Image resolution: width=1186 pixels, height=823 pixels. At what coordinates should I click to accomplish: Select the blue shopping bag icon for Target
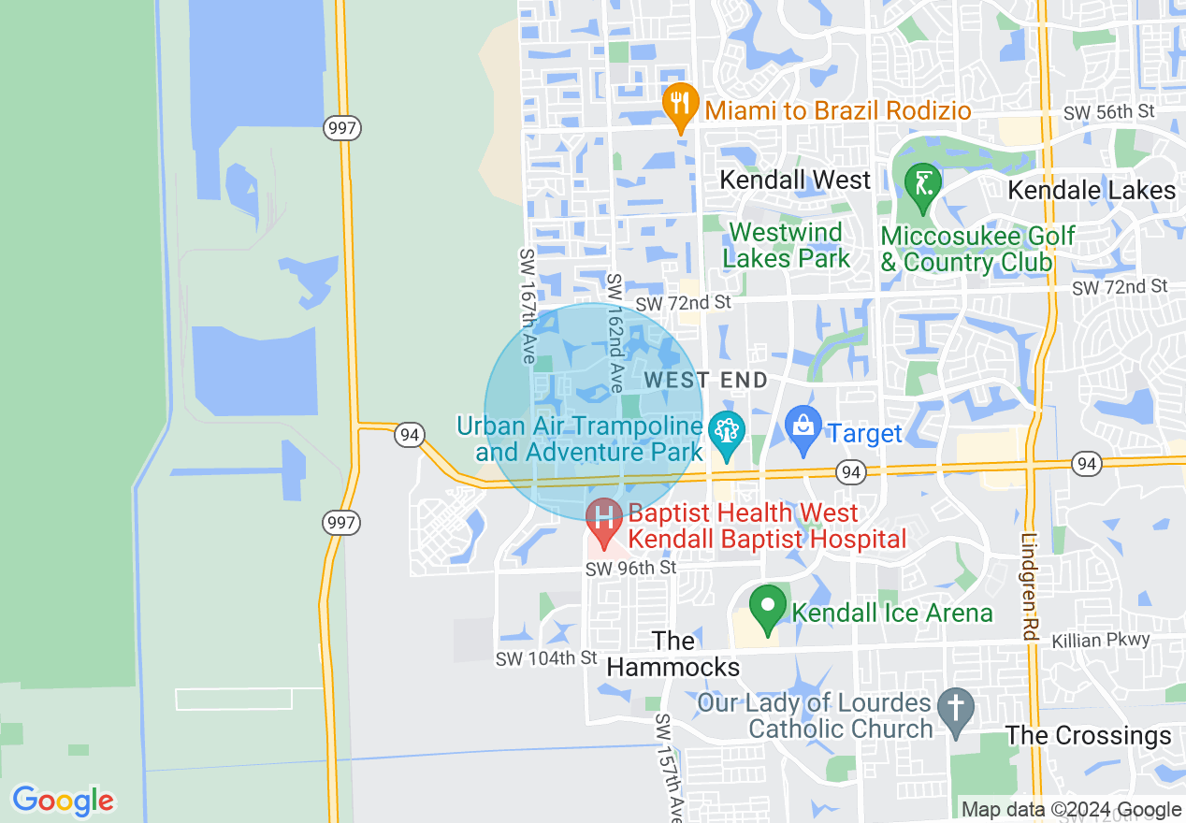pos(803,429)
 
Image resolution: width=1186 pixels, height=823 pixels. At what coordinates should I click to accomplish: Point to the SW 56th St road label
pos(1109,112)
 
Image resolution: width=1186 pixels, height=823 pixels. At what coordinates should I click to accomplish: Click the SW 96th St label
pos(630,569)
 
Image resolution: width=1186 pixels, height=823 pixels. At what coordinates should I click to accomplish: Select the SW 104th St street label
pos(545,658)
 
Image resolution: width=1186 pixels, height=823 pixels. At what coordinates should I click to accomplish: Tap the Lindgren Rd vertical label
pos(1029,586)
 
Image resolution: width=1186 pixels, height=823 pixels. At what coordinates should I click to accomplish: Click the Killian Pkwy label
pos(1100,641)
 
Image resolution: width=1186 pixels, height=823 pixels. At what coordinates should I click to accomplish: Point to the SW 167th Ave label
pos(528,306)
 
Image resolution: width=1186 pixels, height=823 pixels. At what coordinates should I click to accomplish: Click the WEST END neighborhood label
pos(706,380)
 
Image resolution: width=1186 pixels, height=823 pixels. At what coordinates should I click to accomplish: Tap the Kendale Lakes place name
pos(1091,191)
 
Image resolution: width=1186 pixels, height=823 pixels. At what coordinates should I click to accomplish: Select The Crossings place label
pos(1089,736)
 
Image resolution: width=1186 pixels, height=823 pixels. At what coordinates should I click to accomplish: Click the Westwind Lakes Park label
pos(786,245)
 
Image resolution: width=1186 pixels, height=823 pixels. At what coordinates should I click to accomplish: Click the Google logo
pos(63,801)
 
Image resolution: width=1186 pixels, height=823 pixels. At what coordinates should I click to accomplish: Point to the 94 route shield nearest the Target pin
pos(849,472)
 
